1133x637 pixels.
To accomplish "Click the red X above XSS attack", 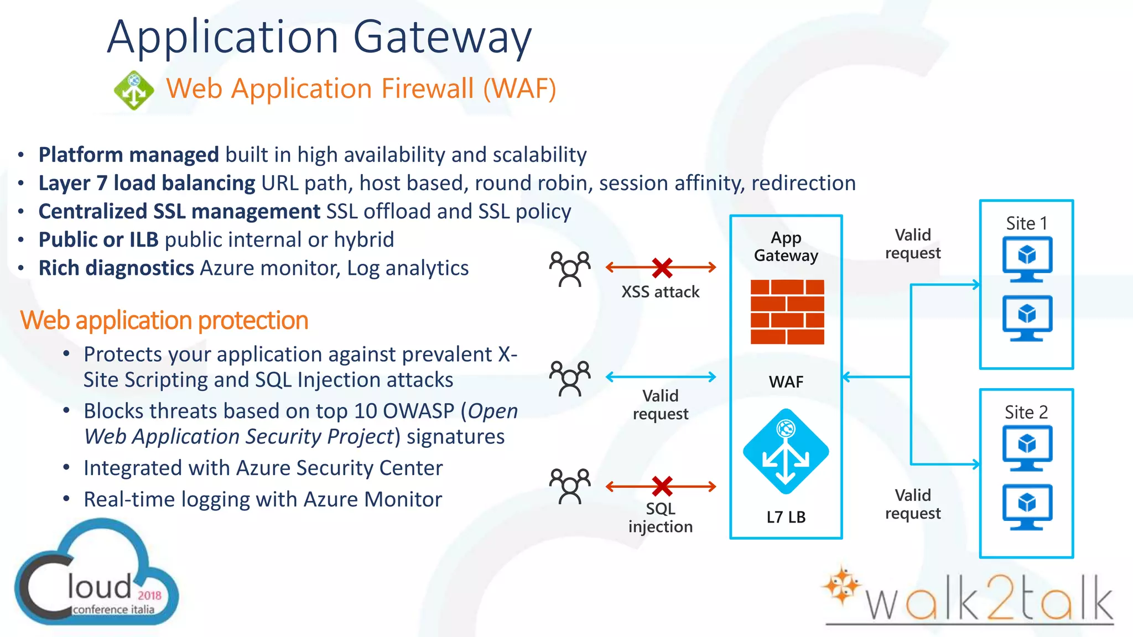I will [x=662, y=268].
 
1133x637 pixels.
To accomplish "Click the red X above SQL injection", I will [x=662, y=487].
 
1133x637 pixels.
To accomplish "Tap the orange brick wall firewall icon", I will [x=787, y=312].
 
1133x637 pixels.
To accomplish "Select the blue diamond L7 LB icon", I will [x=786, y=451].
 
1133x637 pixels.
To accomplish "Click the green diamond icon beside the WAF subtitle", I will [x=134, y=90].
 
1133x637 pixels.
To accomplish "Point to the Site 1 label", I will [x=1026, y=223].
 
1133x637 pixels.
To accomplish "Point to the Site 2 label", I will [x=1026, y=413].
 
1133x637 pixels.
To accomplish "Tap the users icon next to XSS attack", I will [x=570, y=269].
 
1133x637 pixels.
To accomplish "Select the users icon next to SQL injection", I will [x=570, y=487].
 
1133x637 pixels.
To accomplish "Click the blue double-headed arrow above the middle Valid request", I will [x=661, y=377].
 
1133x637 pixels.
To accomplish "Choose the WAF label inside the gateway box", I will [x=786, y=382].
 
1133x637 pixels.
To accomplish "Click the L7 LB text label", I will [x=786, y=518].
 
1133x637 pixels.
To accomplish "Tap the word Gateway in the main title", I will [x=442, y=38].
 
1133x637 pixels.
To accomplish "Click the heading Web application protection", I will [x=164, y=321].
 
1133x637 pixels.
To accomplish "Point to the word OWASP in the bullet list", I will [x=418, y=411].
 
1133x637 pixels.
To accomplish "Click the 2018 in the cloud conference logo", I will [x=149, y=595].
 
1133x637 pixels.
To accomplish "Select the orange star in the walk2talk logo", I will [x=840, y=585].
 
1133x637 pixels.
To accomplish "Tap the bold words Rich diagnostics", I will [x=116, y=268].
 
